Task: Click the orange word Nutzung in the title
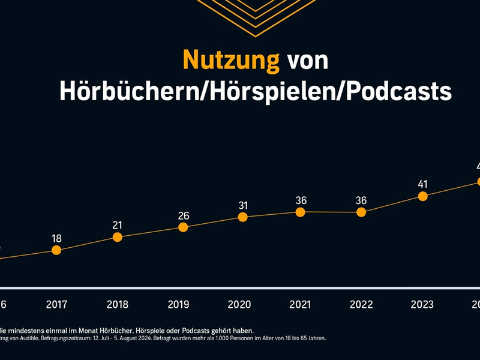[x=231, y=60]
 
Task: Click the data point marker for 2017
[x=56, y=250]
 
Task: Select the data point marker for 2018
[x=118, y=237]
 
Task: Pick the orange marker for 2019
[x=184, y=227]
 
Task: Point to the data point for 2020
[x=242, y=217]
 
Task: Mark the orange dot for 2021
[x=301, y=212]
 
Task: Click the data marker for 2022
[x=361, y=212]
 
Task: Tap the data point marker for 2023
[x=422, y=196]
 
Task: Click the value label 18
[x=56, y=238]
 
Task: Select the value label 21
[x=118, y=225]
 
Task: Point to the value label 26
[x=184, y=215]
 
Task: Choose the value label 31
[x=242, y=205]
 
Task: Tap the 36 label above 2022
[x=361, y=200]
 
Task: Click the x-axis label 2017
[x=56, y=304]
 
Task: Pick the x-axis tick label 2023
[x=422, y=304]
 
